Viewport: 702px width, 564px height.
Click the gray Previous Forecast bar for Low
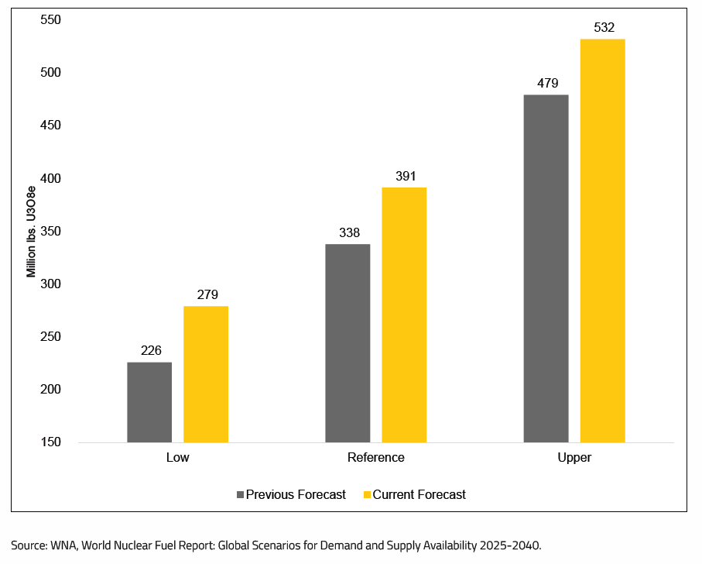point(149,402)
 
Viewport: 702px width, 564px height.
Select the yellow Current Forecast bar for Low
point(206,374)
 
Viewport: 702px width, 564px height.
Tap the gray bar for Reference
point(348,343)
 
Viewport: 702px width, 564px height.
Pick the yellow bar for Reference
point(404,315)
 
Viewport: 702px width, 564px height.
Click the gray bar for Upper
point(546,268)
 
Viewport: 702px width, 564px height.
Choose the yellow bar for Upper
point(602,240)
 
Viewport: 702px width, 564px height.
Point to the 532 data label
point(603,28)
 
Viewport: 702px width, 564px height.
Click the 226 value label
point(151,351)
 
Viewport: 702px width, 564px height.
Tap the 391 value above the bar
point(406,177)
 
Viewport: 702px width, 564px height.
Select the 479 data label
point(547,84)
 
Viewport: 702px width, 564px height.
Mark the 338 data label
point(349,232)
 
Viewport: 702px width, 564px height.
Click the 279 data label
point(207,295)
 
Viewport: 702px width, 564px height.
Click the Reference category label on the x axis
point(375,457)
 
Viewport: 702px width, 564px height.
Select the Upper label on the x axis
point(574,457)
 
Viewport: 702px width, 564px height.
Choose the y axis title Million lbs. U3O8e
point(32,231)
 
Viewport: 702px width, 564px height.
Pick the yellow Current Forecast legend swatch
point(367,494)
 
